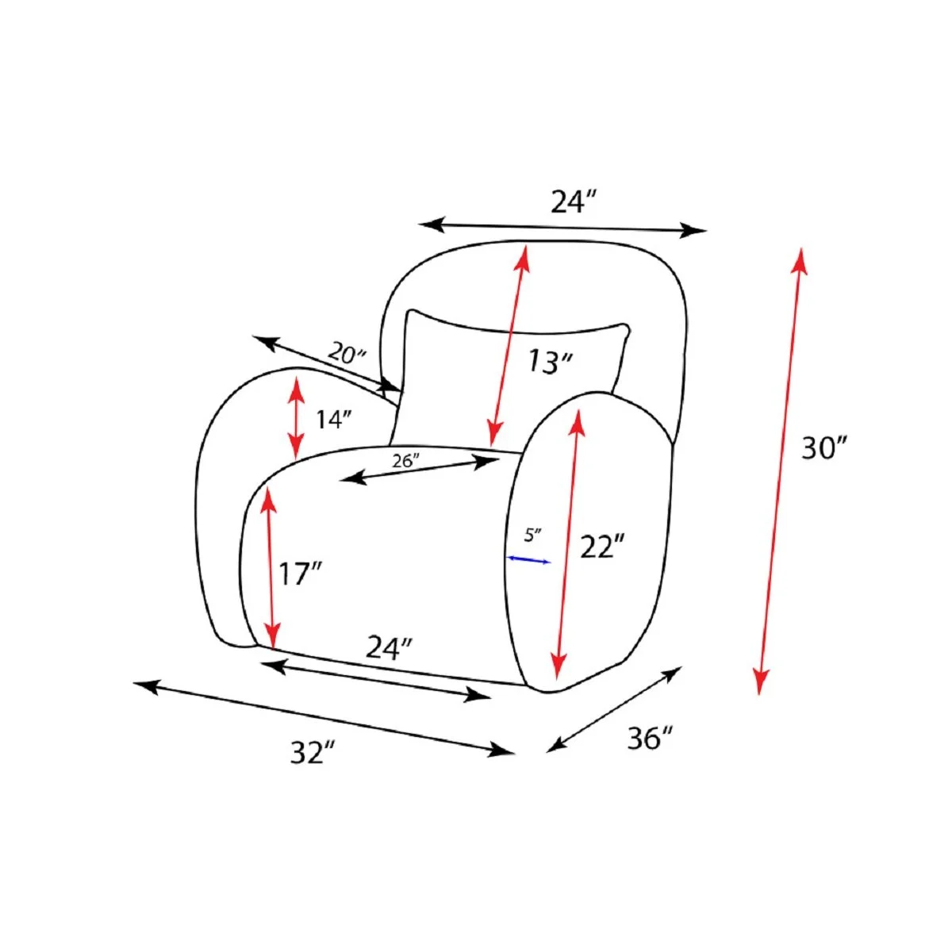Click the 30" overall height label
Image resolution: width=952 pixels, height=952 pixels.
click(x=823, y=448)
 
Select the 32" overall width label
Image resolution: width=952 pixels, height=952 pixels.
click(x=313, y=752)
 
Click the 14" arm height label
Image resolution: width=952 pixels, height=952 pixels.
click(x=333, y=420)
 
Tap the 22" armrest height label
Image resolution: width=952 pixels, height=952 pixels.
click(x=602, y=547)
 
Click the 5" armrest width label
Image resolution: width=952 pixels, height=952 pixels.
click(x=533, y=535)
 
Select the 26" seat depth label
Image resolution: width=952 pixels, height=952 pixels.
click(x=405, y=460)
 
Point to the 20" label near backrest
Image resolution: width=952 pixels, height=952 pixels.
click(x=347, y=354)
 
